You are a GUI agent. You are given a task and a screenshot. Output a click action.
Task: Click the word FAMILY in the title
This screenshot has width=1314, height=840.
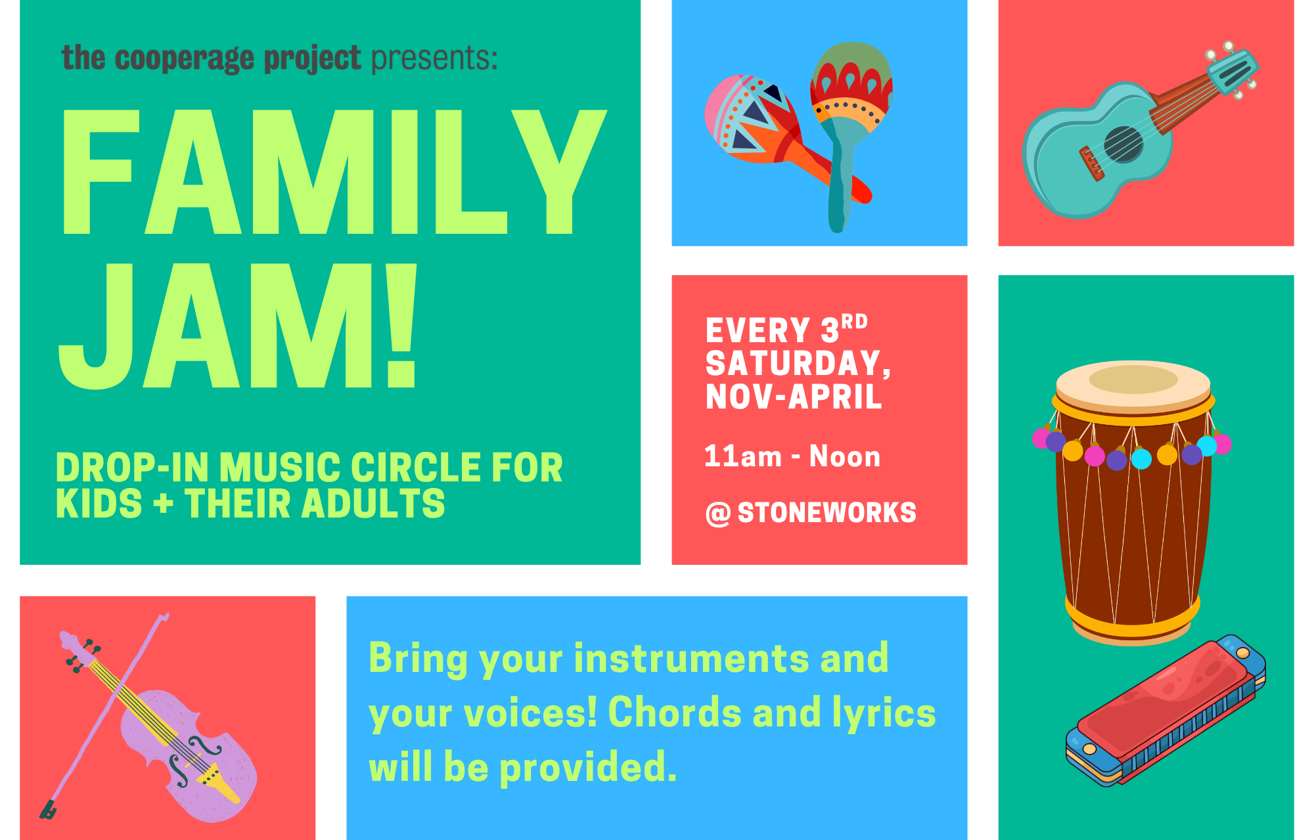(x=334, y=171)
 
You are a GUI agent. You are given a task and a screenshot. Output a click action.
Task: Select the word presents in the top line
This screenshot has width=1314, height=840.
(x=434, y=59)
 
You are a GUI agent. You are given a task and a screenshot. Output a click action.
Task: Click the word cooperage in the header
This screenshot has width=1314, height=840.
(x=185, y=59)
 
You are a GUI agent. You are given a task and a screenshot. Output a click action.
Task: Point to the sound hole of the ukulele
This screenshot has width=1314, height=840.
(x=1123, y=144)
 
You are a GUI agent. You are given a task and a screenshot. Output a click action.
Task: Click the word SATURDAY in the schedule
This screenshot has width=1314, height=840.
(x=798, y=363)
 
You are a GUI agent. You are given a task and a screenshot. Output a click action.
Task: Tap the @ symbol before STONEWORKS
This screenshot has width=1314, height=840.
(x=718, y=514)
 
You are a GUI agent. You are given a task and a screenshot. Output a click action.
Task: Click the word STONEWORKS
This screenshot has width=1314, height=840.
(x=827, y=513)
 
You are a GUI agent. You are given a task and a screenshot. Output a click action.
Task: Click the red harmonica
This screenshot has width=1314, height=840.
(x=1166, y=710)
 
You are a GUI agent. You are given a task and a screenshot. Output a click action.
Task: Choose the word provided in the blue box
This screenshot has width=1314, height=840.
(x=588, y=768)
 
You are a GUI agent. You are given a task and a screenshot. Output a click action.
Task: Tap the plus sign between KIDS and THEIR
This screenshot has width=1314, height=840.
(x=163, y=504)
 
